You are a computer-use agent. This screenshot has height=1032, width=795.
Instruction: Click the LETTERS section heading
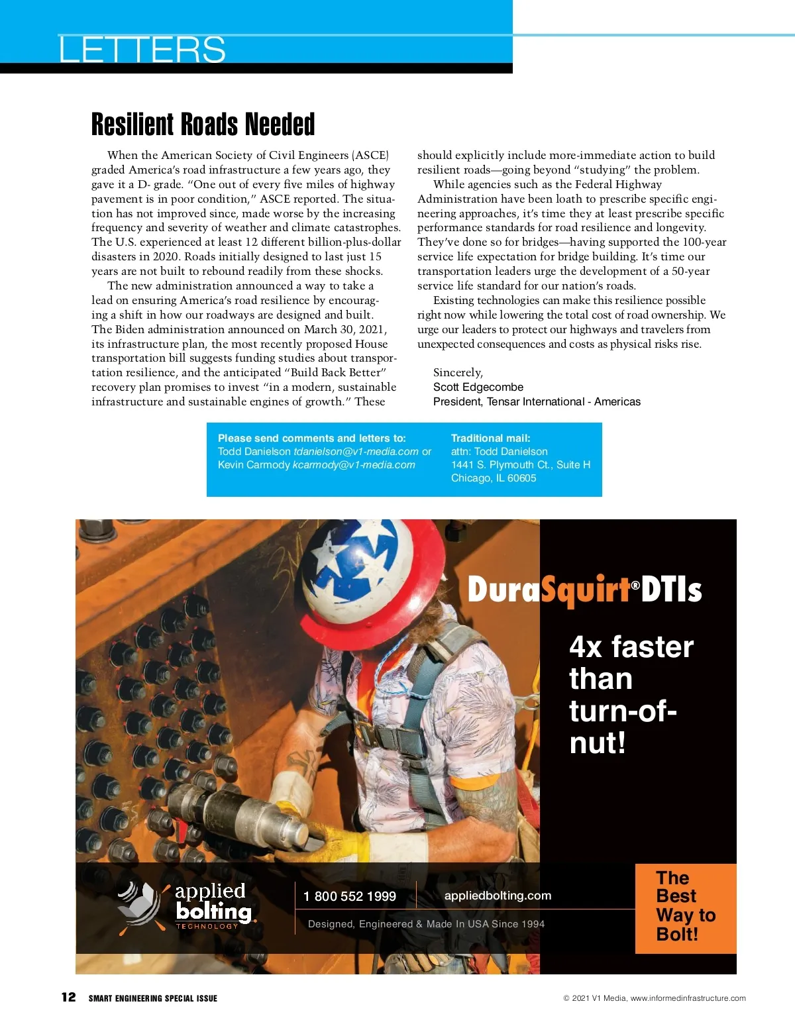(x=142, y=50)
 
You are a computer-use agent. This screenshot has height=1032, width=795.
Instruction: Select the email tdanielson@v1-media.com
(x=356, y=452)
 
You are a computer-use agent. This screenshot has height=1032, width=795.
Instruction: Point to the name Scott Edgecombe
(x=478, y=387)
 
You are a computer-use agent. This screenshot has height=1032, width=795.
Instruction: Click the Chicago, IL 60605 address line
(x=494, y=478)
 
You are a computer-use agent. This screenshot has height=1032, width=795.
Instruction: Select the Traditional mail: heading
(x=490, y=439)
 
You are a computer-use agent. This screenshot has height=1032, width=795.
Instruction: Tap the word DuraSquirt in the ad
(x=549, y=590)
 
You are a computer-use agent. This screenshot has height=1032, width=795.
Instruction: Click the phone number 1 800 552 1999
(x=349, y=897)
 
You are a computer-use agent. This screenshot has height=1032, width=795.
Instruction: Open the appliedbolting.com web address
(x=498, y=896)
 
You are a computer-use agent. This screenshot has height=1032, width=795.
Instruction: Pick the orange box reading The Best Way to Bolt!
(x=685, y=908)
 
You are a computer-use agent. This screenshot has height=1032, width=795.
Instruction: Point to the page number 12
(x=69, y=998)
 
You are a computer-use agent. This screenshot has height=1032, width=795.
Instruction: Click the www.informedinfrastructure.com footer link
(x=688, y=998)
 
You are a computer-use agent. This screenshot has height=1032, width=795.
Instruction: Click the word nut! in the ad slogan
(x=597, y=743)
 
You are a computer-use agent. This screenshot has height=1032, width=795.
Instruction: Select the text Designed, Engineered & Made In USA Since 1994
(x=426, y=924)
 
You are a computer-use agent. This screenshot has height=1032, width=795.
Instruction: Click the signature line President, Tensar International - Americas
(x=537, y=402)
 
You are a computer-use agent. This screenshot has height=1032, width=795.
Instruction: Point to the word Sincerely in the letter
(x=458, y=373)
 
